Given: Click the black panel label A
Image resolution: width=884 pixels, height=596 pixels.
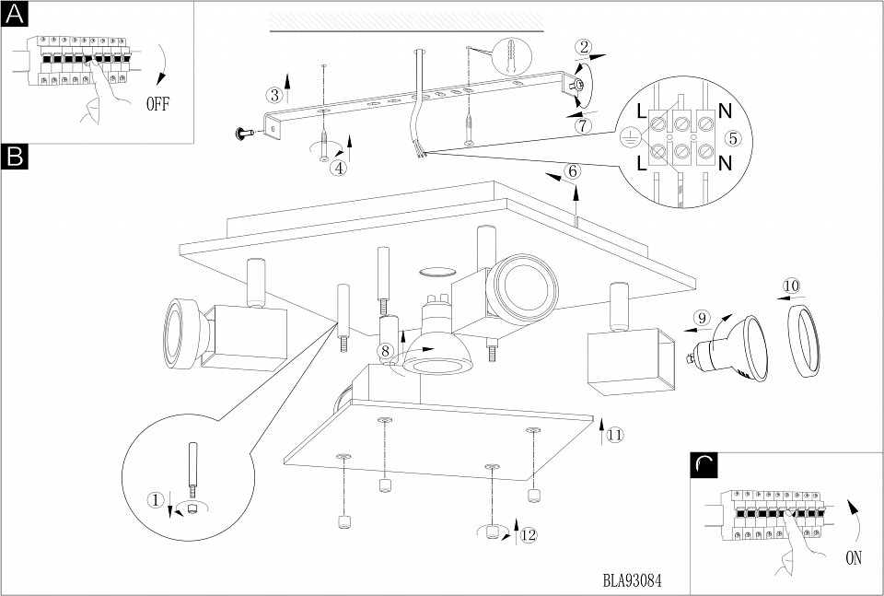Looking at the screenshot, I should (16, 15).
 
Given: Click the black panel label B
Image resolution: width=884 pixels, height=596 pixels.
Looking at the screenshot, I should (16, 158).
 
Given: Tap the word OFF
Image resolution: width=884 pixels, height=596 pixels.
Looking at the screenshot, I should (157, 103).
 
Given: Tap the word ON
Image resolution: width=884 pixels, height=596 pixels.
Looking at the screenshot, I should (855, 556).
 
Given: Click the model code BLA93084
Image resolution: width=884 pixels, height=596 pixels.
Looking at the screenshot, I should (633, 581).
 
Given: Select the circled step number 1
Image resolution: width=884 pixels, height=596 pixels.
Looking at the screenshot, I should (156, 500).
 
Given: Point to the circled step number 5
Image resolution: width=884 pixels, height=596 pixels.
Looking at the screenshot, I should (732, 138).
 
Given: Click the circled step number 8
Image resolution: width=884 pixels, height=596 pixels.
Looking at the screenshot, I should (385, 350).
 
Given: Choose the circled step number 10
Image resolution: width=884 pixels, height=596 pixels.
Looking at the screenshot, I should (791, 286).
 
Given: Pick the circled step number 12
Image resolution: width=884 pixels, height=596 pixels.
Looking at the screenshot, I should (526, 535).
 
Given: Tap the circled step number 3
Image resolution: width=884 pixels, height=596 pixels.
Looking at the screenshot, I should (273, 95).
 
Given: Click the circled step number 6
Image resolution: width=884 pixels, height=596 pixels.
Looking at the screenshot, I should (573, 170).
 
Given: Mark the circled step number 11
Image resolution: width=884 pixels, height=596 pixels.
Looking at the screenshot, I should (614, 434).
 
